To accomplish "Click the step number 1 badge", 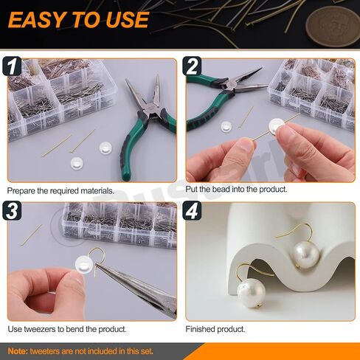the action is (12, 66).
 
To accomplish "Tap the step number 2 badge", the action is (192, 66).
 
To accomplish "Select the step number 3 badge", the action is (12, 210).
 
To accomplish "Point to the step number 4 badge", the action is (192, 210).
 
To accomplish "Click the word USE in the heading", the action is (127, 20).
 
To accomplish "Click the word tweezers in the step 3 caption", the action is (40, 329).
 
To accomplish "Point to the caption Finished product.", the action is (215, 329).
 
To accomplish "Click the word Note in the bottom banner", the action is (17, 351).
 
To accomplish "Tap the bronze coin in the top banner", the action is (334, 27).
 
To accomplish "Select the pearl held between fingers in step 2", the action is (277, 125).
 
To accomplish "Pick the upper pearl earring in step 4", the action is (306, 255).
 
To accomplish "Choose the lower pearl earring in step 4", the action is (252, 293).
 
